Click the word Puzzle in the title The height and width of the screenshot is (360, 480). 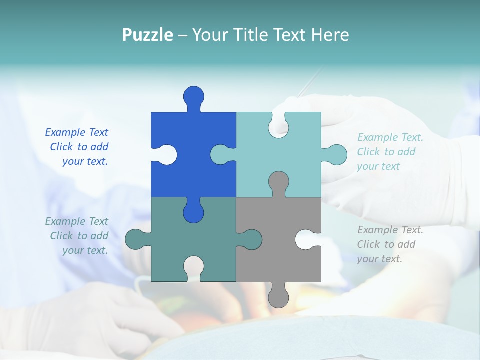point(148,35)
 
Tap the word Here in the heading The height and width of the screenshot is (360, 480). point(330,35)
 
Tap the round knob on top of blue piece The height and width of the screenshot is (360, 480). point(193,96)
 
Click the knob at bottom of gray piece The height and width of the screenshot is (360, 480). point(278,297)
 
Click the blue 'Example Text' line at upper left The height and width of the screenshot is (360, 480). point(76,132)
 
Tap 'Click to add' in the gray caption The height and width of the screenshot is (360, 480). point(386,244)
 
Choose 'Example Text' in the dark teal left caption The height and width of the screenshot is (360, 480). point(76,221)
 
